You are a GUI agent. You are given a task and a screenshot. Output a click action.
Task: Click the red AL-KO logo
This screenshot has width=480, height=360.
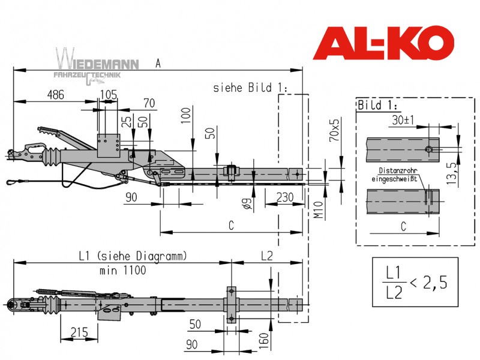(x=383, y=43)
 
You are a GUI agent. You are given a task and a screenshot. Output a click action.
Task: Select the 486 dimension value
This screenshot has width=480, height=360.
(x=56, y=95)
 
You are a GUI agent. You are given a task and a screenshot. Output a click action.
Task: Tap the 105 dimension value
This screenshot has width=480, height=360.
(x=109, y=95)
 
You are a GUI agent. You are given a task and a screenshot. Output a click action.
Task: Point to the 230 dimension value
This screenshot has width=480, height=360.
(x=285, y=197)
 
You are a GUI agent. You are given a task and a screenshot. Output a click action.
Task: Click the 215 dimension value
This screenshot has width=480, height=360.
(x=79, y=332)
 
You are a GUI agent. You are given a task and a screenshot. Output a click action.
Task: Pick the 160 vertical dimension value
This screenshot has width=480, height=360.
(x=263, y=341)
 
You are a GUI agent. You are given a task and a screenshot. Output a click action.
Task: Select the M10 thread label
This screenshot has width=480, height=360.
(x=319, y=209)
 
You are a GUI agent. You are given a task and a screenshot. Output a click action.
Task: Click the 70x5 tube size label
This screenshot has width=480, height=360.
(x=334, y=130)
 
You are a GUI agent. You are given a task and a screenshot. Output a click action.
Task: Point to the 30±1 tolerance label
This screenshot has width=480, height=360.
(x=403, y=120)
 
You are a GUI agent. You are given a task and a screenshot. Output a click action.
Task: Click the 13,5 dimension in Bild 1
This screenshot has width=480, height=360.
(x=451, y=173)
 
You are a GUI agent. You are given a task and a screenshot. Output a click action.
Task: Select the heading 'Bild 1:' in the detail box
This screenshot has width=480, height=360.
(x=377, y=105)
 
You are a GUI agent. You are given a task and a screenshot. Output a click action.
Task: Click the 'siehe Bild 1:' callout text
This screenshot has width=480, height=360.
(x=250, y=88)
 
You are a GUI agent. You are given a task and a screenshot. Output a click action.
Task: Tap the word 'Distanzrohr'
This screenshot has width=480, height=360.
(x=398, y=170)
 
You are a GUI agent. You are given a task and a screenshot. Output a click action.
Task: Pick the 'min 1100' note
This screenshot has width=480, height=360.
(x=123, y=271)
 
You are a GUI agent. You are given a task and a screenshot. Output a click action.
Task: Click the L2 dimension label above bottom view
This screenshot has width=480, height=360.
(x=266, y=256)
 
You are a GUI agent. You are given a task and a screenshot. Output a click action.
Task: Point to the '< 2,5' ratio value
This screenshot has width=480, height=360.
(x=428, y=282)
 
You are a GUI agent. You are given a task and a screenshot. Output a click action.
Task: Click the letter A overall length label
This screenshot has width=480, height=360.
(x=158, y=64)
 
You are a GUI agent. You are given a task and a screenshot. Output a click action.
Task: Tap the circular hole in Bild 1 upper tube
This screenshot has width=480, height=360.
(x=429, y=149)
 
